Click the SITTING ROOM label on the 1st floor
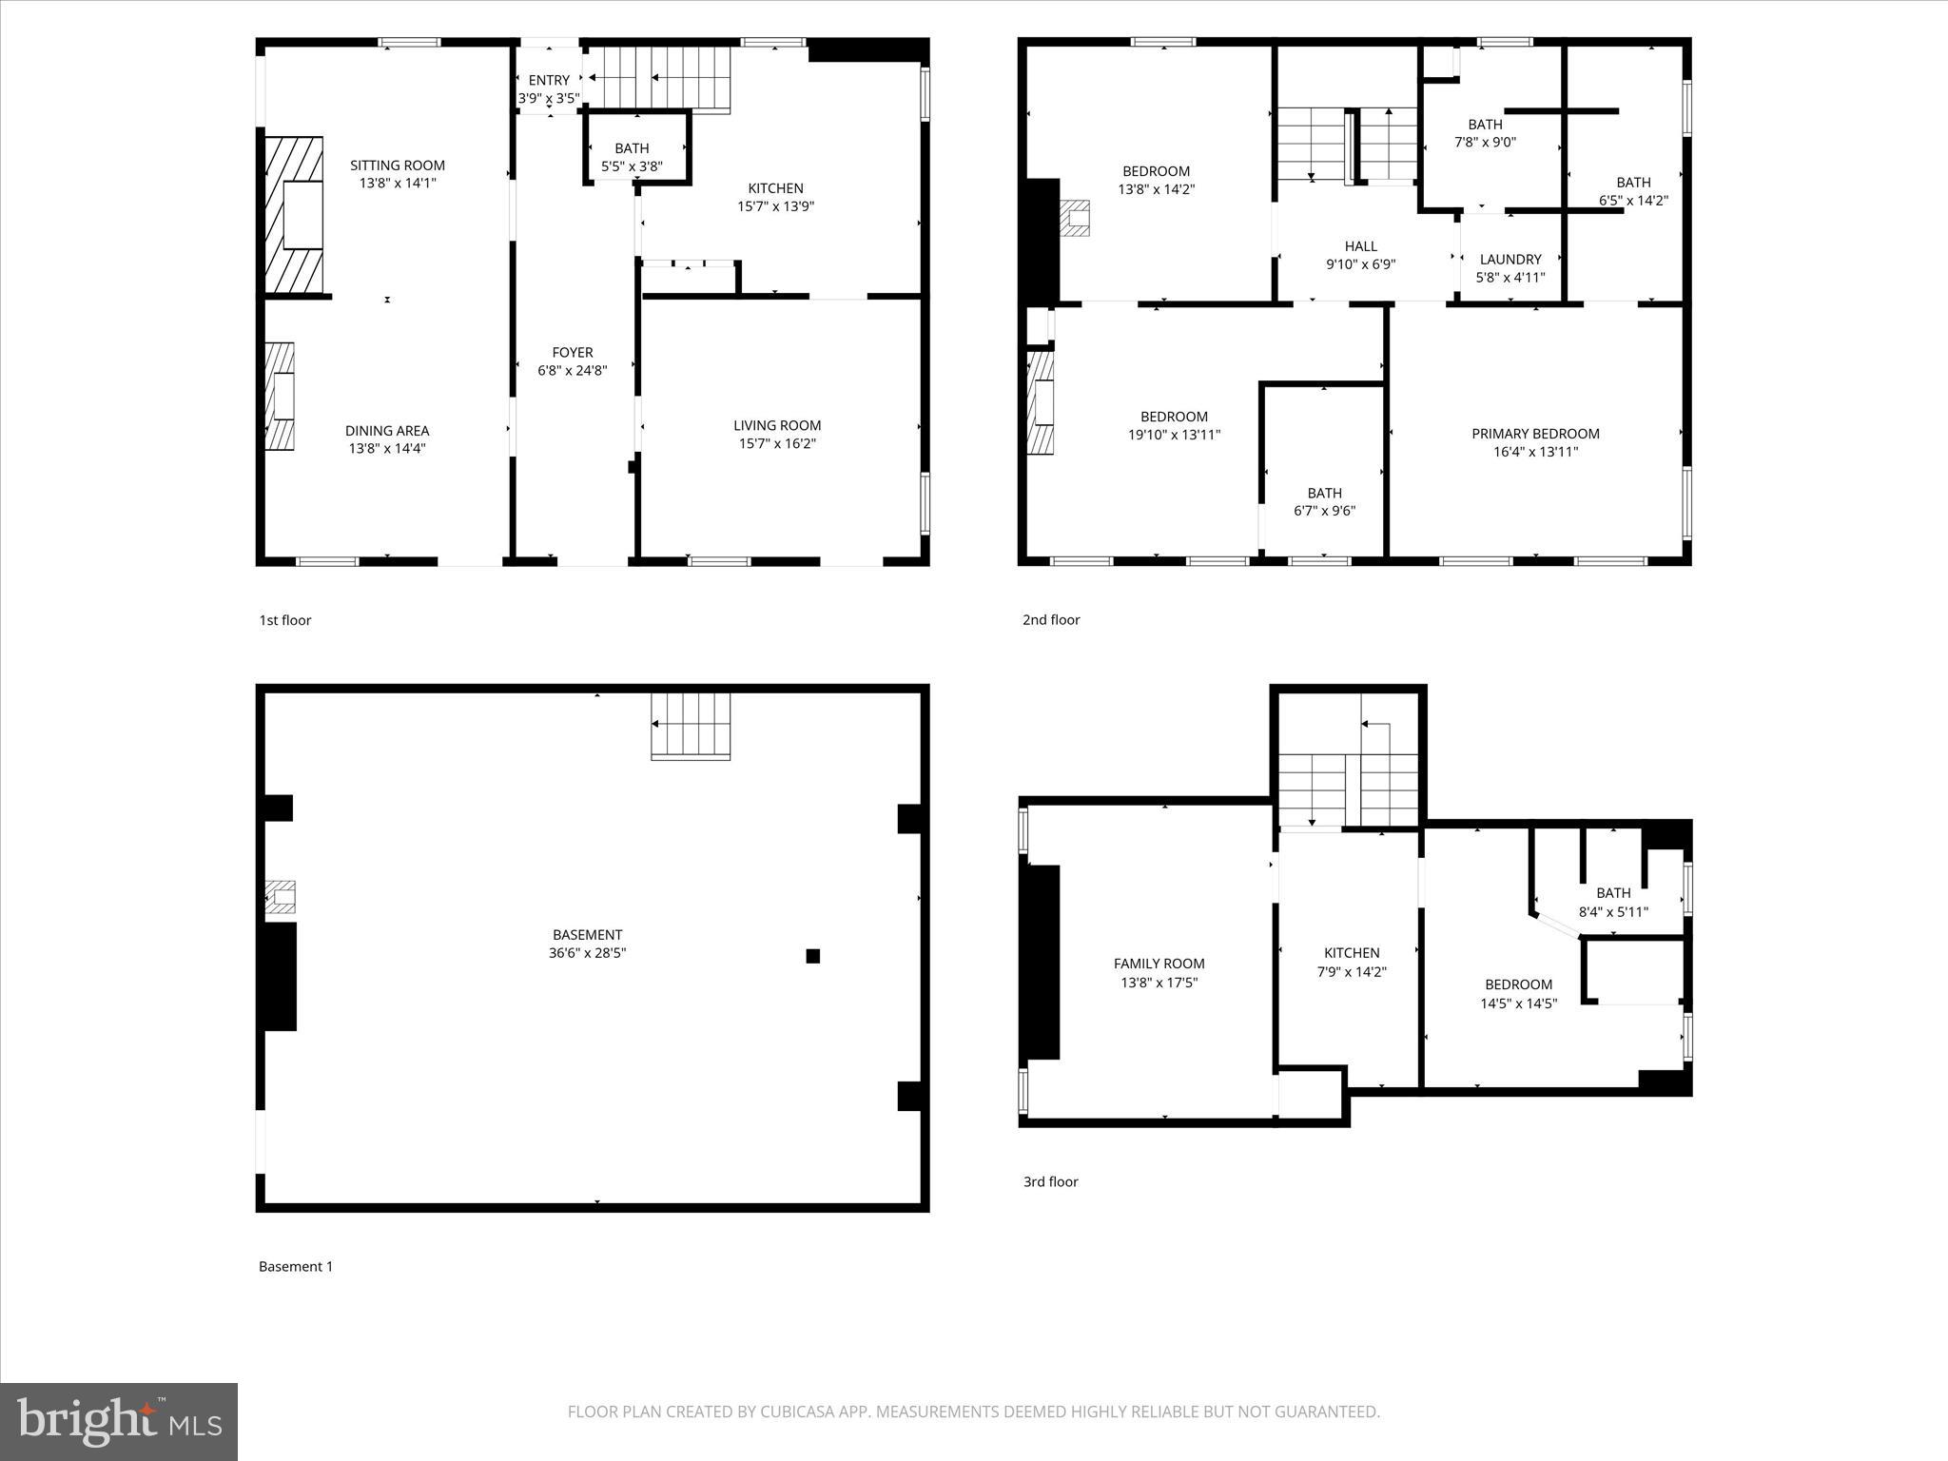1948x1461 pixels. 397,166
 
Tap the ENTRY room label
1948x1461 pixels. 549,81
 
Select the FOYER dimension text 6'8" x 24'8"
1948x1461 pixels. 572,371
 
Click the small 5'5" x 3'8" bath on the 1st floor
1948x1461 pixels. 632,157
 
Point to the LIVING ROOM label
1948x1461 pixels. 777,425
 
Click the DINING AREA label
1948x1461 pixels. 387,431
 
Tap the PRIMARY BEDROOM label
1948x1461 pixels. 1535,434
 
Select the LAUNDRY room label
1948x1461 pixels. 1510,260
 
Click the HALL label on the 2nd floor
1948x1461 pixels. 1360,246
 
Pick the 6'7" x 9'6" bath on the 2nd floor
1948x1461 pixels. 1324,501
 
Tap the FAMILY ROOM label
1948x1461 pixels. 1159,964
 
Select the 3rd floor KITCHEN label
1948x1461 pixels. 1352,953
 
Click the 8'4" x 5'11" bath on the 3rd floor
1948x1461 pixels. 1613,902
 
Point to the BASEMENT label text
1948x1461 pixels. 587,935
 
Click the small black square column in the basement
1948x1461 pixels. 812,956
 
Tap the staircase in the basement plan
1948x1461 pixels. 691,727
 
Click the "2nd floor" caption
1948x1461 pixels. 1051,620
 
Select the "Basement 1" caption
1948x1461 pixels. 296,1267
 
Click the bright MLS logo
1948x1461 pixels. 119,1421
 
